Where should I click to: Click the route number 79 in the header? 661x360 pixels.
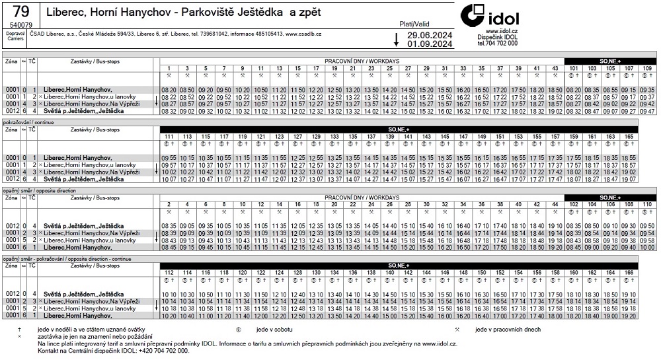pos(20,12)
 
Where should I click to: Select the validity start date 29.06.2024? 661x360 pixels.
pos(430,35)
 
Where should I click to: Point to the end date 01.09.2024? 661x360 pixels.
pos(430,44)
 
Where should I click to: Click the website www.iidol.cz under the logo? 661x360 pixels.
pos(501,31)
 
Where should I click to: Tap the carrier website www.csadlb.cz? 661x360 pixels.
pos(303,34)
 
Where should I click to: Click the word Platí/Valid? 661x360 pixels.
pos(414,24)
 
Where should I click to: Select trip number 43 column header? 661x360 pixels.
pos(555,69)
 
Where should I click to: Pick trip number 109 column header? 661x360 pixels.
pos(647,69)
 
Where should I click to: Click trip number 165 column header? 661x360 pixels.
pos(629,136)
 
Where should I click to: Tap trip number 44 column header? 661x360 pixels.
pos(555,204)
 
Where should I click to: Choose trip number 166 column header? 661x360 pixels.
pos(629,272)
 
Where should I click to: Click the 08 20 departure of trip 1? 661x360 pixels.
pos(169,89)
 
